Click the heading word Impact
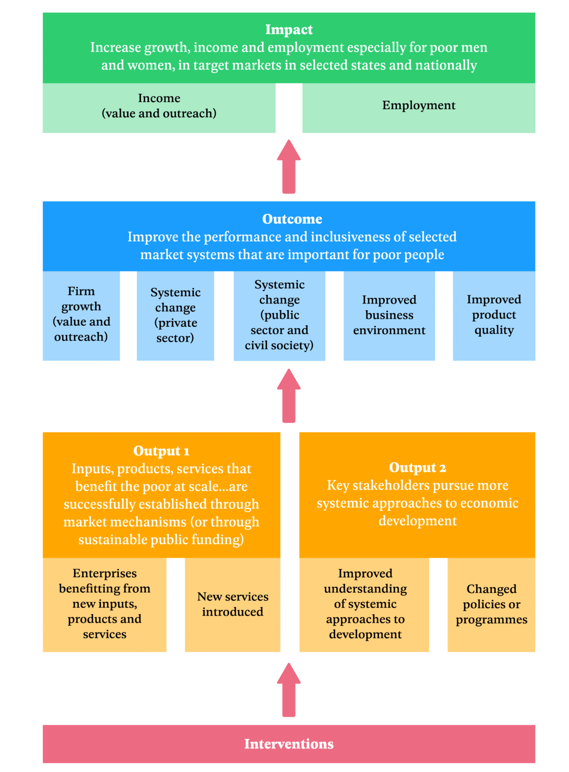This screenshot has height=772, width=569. coord(289,30)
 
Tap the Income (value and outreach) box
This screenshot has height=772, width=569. coord(159,106)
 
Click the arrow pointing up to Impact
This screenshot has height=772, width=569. coord(289,167)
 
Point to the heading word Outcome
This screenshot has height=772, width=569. coord(292,219)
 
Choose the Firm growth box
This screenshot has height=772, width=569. coord(81,315)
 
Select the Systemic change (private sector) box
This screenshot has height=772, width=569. coord(176,316)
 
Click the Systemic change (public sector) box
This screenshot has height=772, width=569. coord(279,316)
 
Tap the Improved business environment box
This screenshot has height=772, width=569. coord(389,316)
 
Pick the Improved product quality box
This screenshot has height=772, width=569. coord(494,316)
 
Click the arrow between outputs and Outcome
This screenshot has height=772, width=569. coord(289,396)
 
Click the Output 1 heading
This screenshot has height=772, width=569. coord(161,451)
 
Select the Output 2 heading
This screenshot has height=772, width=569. coord(417,468)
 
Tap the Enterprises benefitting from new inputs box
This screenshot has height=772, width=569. coord(105,604)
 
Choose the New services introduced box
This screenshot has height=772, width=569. coord(232,605)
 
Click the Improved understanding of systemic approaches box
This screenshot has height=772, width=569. coord(365,604)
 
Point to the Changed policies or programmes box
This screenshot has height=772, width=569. coord(491,605)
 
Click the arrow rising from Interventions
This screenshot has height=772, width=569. coord(289,690)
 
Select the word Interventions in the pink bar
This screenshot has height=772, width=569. coord(289,744)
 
